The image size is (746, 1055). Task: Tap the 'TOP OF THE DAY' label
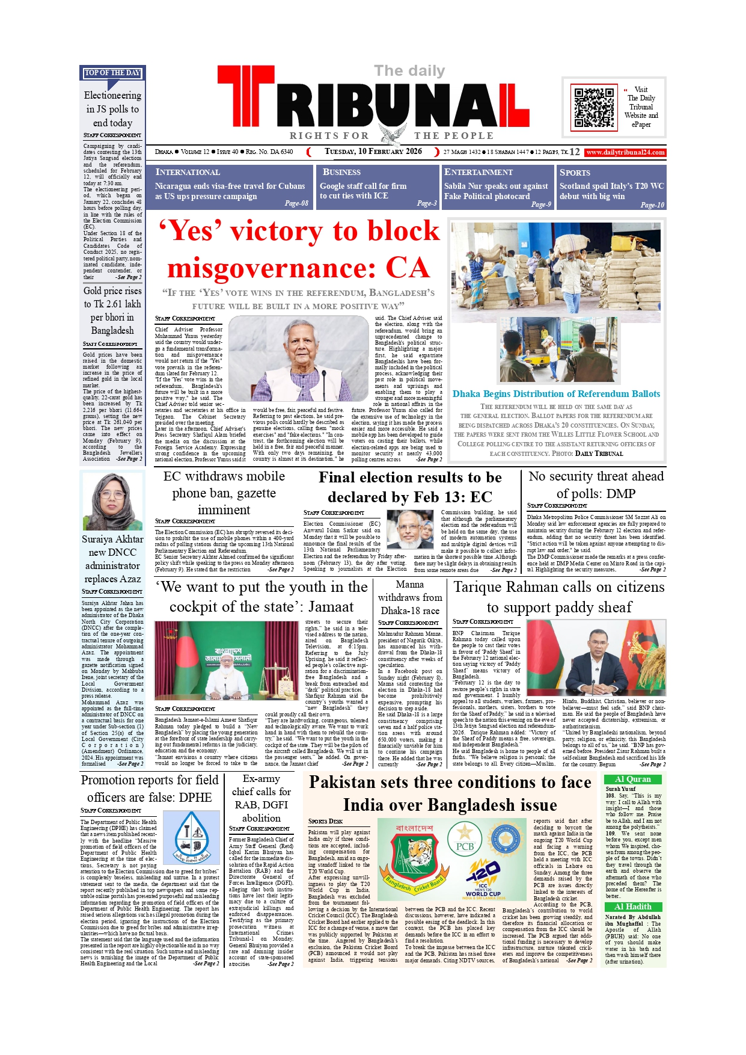pyautogui.click(x=112, y=73)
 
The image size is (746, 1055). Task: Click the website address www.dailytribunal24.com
pyautogui.click(x=625, y=152)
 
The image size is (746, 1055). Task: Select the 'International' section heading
pyautogui.click(x=188, y=172)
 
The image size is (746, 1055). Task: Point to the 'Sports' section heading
pyautogui.click(x=575, y=172)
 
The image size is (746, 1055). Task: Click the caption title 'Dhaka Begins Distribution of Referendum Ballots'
pyautogui.click(x=556, y=394)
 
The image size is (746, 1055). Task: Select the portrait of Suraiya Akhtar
pyautogui.click(x=112, y=501)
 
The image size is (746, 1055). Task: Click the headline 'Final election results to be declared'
pyautogui.click(x=410, y=487)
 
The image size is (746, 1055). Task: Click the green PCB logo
pyautogui.click(x=465, y=839)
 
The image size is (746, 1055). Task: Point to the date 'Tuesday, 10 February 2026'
pyautogui.click(x=373, y=152)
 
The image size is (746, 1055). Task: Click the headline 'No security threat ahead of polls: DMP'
pyautogui.click(x=596, y=485)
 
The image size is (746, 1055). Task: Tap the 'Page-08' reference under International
pyautogui.click(x=296, y=203)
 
